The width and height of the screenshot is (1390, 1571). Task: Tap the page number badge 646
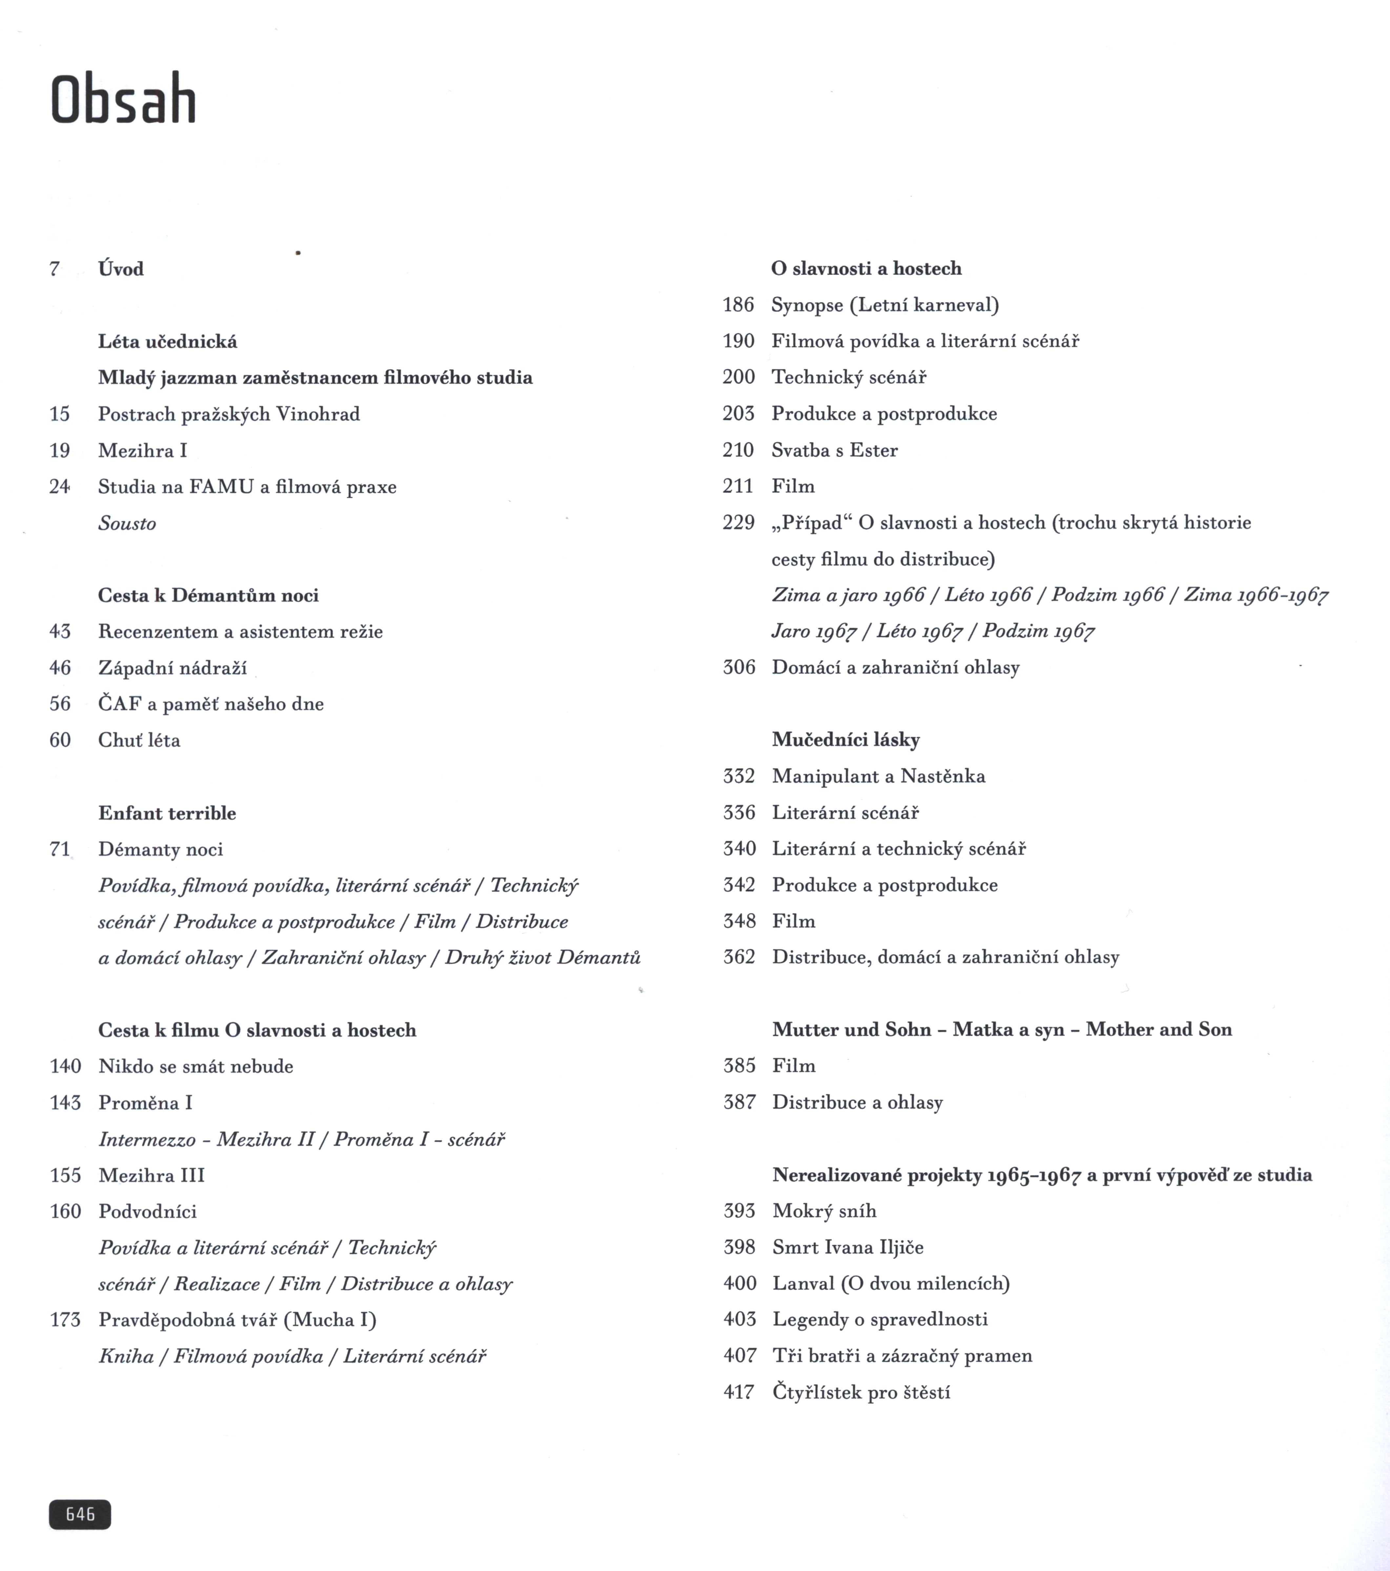[x=80, y=1514]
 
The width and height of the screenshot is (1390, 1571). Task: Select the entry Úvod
[x=121, y=269]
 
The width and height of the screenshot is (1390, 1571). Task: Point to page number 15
[x=60, y=414]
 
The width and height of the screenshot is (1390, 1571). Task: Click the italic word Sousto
[x=127, y=524]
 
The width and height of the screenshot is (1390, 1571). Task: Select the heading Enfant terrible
[x=167, y=813]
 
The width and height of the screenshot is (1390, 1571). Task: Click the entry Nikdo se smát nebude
[x=196, y=1066]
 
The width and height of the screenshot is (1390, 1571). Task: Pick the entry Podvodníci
[x=148, y=1211]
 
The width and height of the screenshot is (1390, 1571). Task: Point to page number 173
[x=65, y=1320]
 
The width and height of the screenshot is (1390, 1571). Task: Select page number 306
[x=739, y=667]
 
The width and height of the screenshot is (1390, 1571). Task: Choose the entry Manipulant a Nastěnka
[x=878, y=776]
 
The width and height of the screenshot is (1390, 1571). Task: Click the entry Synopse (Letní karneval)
[x=885, y=305]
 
